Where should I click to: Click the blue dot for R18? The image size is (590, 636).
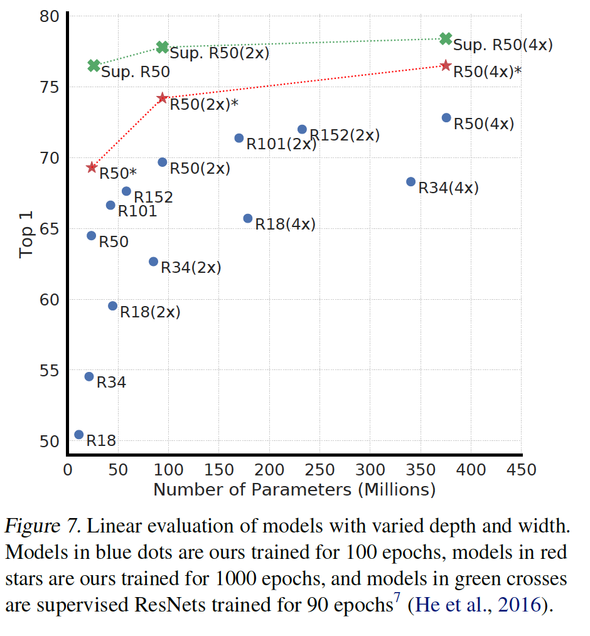79,435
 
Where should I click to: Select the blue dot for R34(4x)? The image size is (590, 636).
411,182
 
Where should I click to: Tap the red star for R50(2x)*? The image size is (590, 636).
163,98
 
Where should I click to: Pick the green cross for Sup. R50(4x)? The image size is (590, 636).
446,39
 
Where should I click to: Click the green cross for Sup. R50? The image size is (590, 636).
94,65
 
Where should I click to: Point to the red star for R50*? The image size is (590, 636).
92,167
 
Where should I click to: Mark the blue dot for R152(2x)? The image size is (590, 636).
303,129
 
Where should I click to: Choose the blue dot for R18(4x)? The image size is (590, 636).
248,219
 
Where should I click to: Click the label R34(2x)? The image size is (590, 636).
191,268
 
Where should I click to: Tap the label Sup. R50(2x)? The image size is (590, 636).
220,53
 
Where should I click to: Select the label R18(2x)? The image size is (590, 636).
150,312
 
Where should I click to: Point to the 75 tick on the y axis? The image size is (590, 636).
50,87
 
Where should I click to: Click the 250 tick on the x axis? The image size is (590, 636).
319,470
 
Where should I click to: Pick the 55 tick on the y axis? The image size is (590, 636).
50,370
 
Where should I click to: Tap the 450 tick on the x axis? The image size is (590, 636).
522,470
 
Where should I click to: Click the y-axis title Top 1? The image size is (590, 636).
26,235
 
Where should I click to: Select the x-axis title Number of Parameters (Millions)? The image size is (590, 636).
294,490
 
